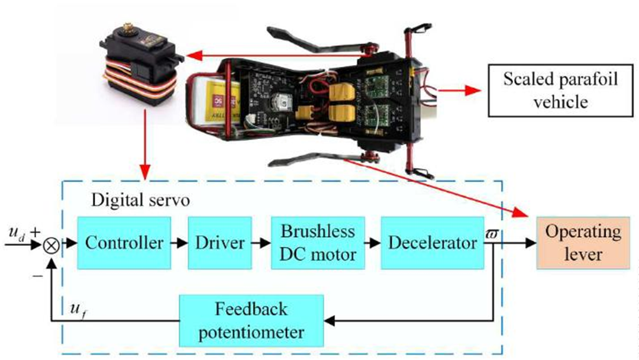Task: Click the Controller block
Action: point(124,243)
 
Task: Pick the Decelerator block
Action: point(433,243)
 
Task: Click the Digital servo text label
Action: point(140,200)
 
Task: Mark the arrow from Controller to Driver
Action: point(179,243)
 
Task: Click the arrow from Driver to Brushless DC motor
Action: point(261,243)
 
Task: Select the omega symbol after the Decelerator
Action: point(492,235)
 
